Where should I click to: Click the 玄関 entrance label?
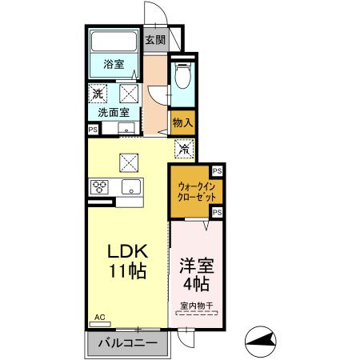pyautogui.click(x=154, y=40)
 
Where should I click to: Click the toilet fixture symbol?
pyautogui.click(x=182, y=77)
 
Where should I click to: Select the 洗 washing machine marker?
pyautogui.click(x=97, y=94)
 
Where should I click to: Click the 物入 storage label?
pyautogui.click(x=182, y=122)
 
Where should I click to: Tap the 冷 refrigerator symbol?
pyautogui.click(x=183, y=148)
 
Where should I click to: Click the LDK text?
pyautogui.click(x=127, y=250)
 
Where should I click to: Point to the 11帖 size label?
pyautogui.click(x=127, y=272)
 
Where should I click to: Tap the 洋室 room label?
pyautogui.click(x=195, y=265)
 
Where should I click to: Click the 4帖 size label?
pyautogui.click(x=195, y=285)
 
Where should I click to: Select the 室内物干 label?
pyautogui.click(x=195, y=305)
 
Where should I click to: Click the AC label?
pyautogui.click(x=100, y=318)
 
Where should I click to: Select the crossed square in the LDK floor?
pyautogui.click(x=129, y=162)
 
